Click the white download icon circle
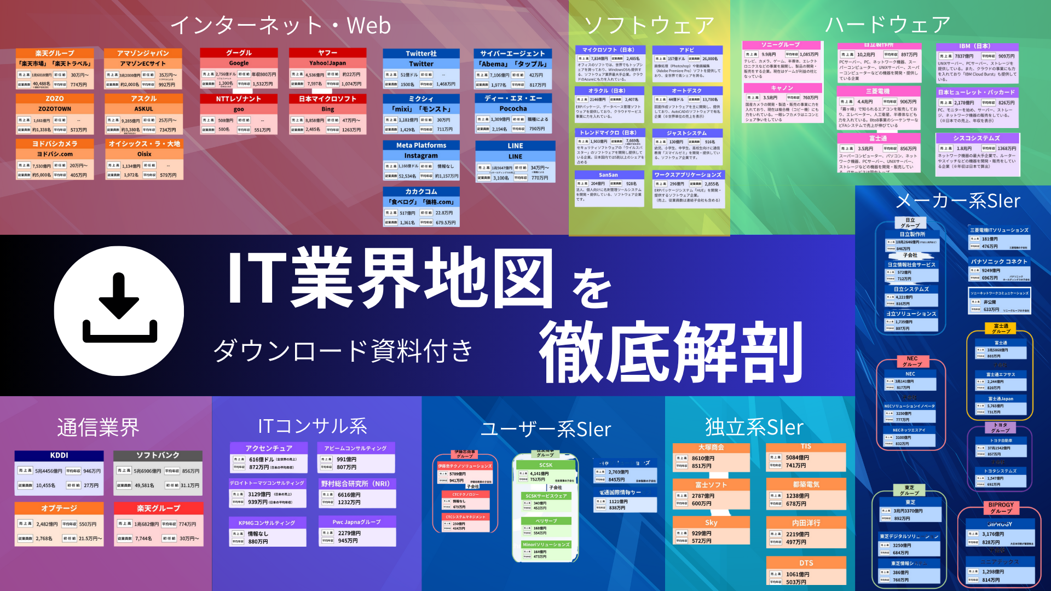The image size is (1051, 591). (119, 310)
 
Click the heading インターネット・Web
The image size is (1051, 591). (280, 26)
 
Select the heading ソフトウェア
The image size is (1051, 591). (649, 25)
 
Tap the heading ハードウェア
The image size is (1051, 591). (887, 25)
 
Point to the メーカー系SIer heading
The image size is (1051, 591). (958, 201)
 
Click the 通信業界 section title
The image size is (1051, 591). (99, 427)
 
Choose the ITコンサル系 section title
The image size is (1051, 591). (313, 426)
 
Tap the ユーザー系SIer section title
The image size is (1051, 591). (545, 429)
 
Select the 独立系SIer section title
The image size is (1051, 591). (754, 427)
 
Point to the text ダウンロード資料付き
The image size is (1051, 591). (343, 350)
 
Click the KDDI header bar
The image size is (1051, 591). (59, 455)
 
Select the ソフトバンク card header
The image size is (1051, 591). (158, 455)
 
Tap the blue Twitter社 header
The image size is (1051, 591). (421, 54)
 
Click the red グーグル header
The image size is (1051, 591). (239, 53)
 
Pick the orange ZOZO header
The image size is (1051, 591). (55, 99)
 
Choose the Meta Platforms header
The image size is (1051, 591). (421, 146)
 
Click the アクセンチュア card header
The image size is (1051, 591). (268, 448)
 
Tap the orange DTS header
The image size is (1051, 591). (806, 563)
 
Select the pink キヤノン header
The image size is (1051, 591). (782, 88)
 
